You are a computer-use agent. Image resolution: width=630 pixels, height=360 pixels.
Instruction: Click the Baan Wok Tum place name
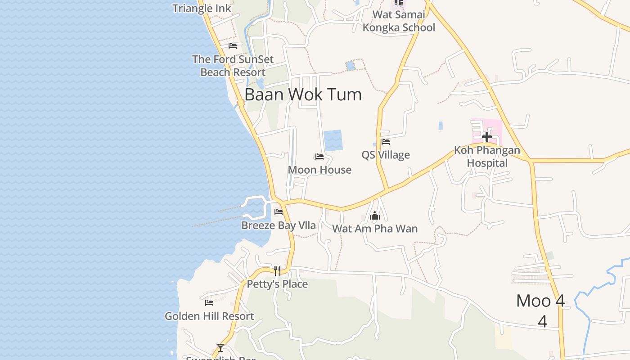point(303,94)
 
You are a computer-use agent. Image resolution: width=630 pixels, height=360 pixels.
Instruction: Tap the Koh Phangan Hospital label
point(487,157)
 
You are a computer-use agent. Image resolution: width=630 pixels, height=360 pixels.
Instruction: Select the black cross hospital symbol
point(487,136)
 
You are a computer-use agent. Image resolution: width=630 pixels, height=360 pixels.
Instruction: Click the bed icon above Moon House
point(319,157)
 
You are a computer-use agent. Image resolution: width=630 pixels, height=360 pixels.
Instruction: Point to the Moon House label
point(319,170)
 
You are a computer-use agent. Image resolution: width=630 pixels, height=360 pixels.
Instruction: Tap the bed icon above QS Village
point(386,142)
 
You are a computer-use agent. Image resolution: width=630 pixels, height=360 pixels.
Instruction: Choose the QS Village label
point(386,155)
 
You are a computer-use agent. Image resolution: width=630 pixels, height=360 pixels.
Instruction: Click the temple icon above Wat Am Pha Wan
point(375,216)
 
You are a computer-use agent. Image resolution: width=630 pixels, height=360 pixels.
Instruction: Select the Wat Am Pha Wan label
point(375,229)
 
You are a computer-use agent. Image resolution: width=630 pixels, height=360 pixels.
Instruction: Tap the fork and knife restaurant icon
point(277,270)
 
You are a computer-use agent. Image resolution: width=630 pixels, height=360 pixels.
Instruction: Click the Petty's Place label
point(277,284)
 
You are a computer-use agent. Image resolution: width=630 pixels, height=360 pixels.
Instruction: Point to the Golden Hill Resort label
point(209,316)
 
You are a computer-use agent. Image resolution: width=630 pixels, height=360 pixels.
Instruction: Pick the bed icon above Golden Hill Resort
point(209,303)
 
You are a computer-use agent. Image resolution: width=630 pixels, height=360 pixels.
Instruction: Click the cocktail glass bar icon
point(220,347)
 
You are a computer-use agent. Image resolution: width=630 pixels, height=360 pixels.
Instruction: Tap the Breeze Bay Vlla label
point(279,225)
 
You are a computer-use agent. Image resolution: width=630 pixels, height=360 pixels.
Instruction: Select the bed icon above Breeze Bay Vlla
point(279,212)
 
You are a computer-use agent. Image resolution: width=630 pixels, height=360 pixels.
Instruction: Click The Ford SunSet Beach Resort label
point(233,66)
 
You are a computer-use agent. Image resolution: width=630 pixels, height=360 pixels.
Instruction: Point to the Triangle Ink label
point(202,8)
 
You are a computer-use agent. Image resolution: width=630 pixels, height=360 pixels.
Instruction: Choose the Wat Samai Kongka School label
point(399,21)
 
